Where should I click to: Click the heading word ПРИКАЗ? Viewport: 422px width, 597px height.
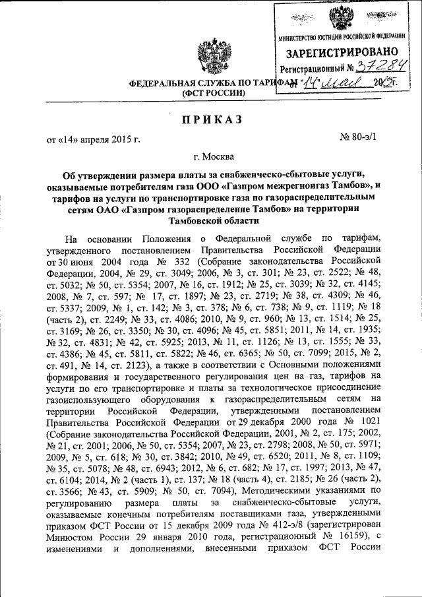coord(210,119)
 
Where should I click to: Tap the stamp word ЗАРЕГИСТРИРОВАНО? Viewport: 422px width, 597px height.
coord(340,51)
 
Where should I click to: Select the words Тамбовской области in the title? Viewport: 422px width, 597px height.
coord(210,220)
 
